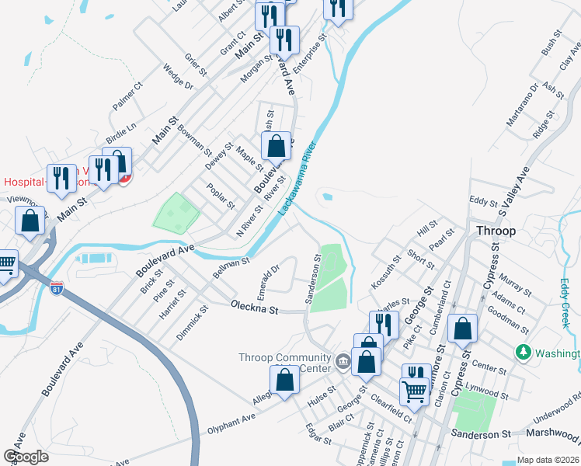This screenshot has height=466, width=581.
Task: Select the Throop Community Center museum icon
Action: (x=343, y=359)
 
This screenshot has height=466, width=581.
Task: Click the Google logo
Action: (x=26, y=457)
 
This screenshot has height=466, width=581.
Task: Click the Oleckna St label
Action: (x=254, y=309)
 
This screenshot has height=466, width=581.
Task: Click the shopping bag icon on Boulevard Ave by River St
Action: (x=276, y=145)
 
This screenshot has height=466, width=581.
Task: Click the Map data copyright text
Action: (x=548, y=460)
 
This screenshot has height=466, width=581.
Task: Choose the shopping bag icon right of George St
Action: (x=463, y=329)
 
